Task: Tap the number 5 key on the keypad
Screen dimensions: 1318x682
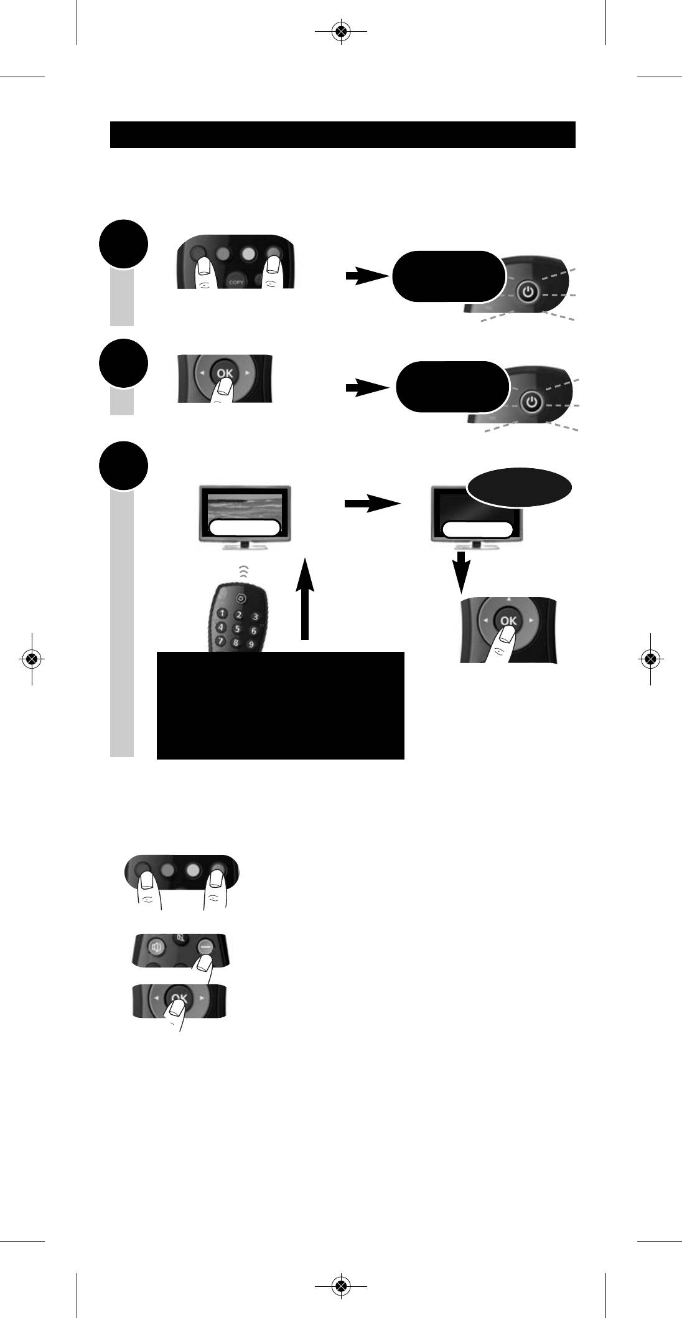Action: point(236,628)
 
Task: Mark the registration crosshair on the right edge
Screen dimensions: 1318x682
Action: point(650,659)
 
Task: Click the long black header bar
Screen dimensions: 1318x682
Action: point(342,134)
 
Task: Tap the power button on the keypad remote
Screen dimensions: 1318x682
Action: point(241,598)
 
